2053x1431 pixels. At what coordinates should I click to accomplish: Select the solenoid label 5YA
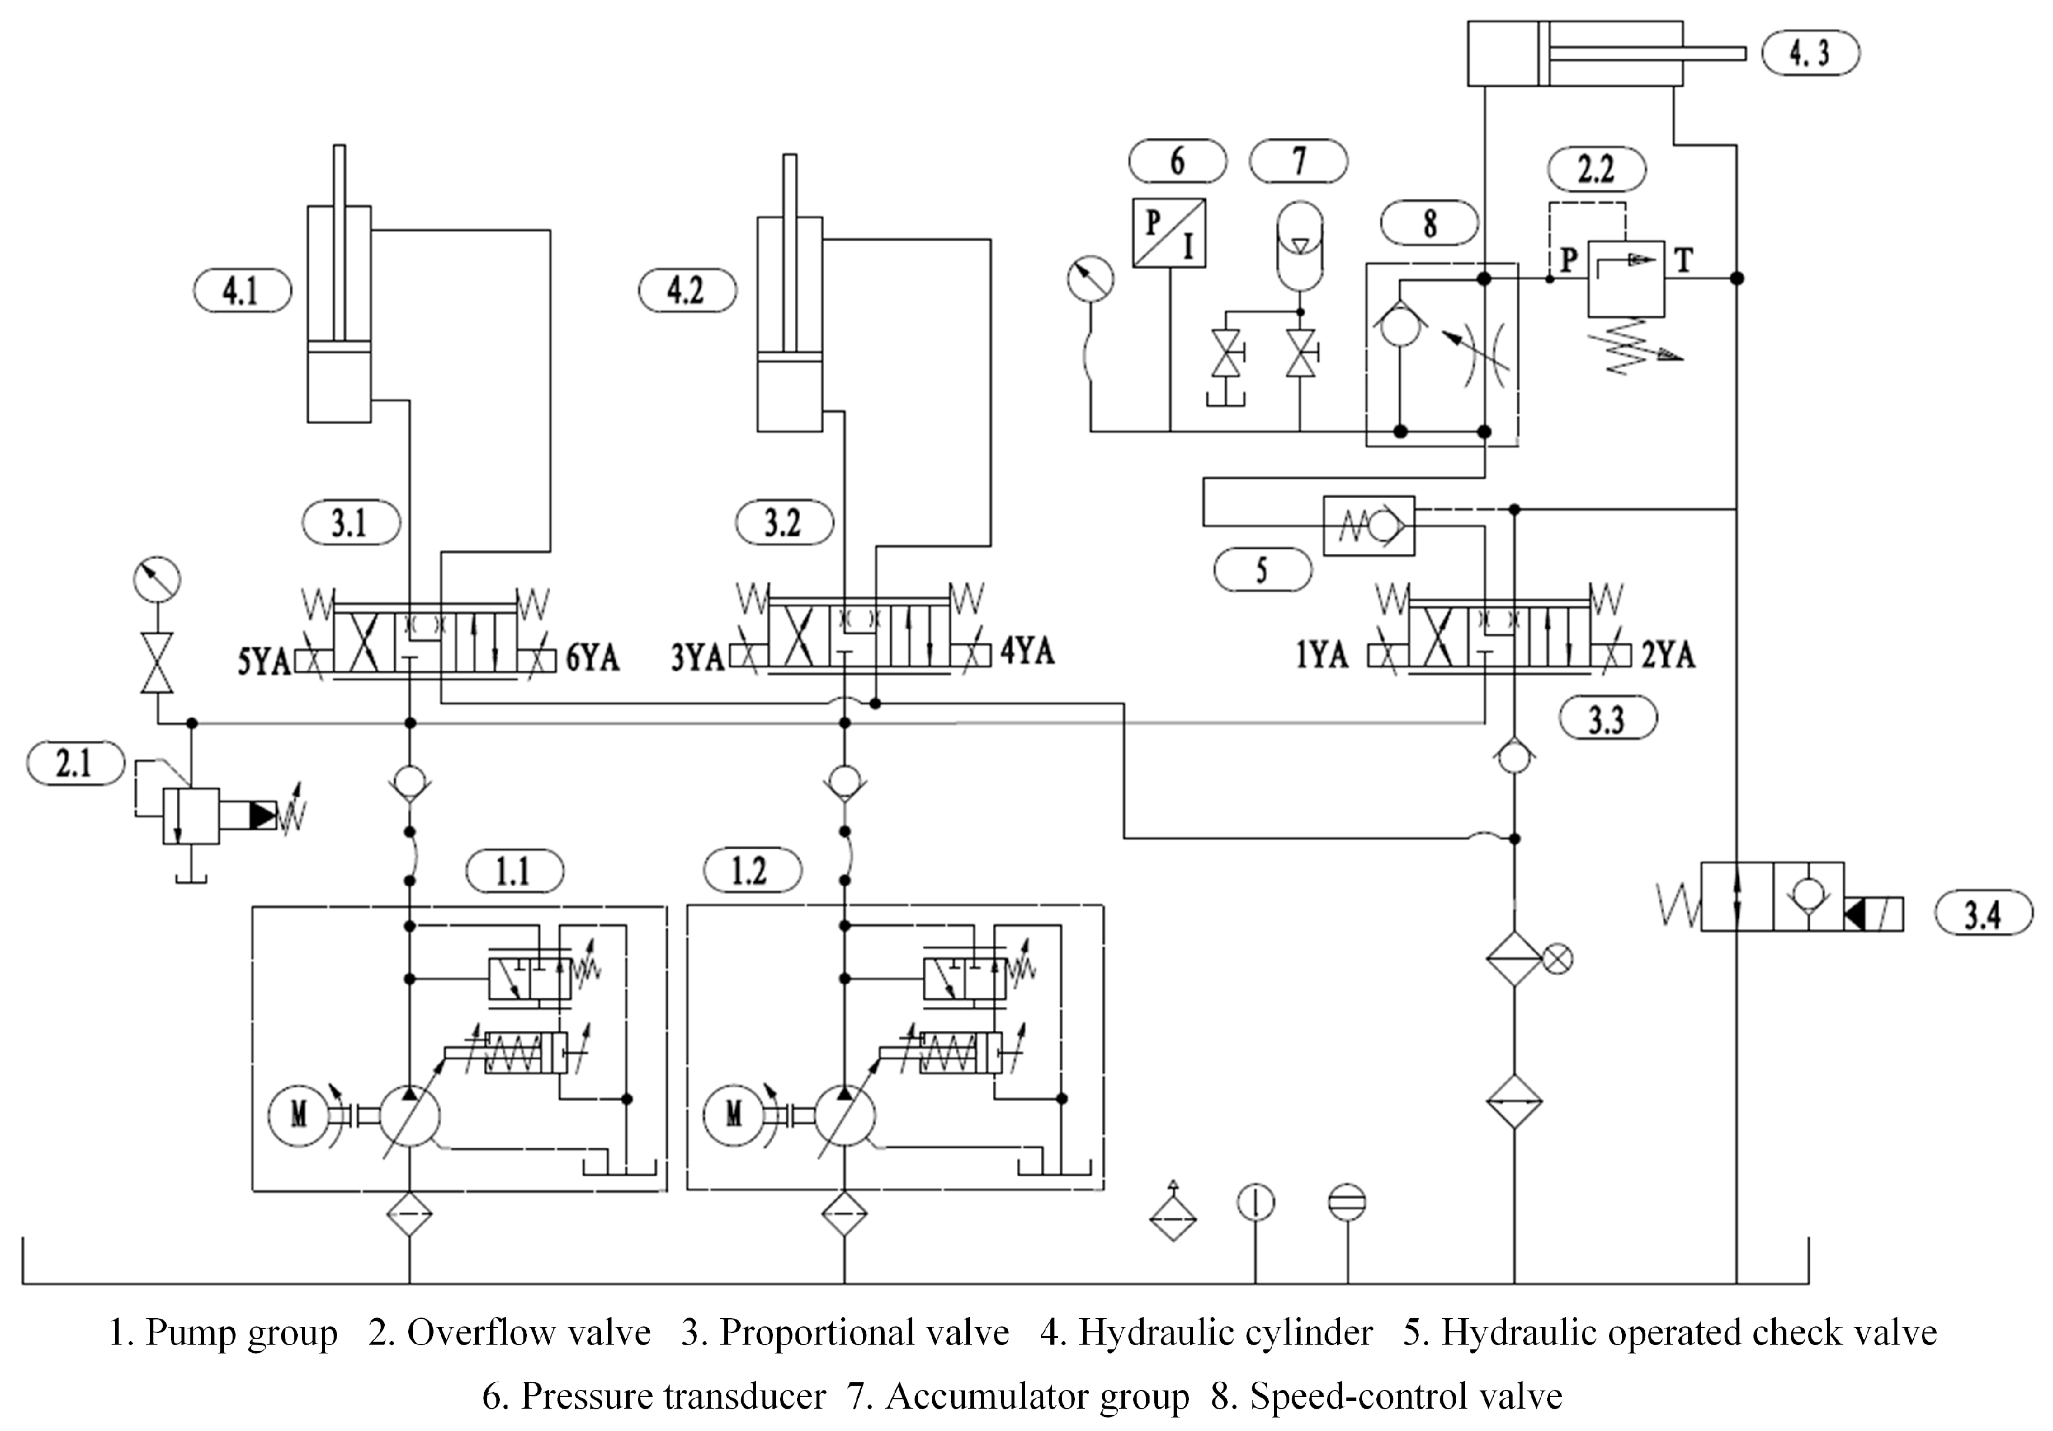264,661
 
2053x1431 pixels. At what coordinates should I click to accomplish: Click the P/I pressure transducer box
1169,233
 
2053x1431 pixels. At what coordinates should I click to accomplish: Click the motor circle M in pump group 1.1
298,1114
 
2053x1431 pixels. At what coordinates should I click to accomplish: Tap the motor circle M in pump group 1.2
733,1114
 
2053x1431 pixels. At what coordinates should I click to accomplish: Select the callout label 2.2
1596,169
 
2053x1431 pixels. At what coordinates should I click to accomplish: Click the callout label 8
1429,223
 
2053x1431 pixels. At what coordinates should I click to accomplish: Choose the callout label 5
1262,570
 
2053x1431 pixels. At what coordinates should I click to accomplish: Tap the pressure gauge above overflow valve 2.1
156,579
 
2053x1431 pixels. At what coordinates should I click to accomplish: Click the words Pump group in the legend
241,1333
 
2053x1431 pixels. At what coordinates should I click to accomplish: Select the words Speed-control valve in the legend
1406,1396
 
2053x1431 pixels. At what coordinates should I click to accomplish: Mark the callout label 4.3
1810,53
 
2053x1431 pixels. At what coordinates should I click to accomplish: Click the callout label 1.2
752,870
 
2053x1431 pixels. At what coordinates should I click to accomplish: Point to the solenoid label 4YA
1027,650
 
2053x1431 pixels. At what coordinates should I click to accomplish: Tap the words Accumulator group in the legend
1037,1396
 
